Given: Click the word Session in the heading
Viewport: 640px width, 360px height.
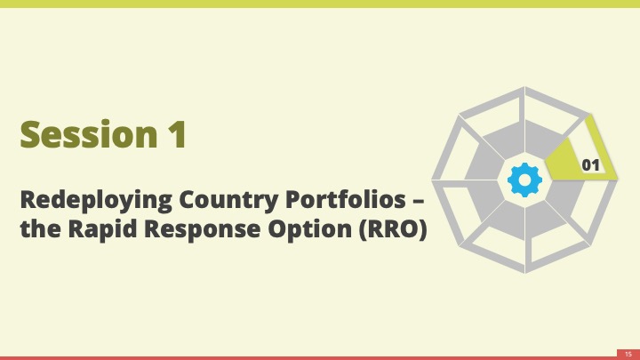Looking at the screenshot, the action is pyautogui.click(x=89, y=134).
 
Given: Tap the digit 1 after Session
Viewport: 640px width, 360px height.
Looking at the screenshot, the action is pyautogui.click(x=178, y=134).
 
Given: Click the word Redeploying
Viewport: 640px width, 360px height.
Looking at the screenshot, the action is pyautogui.click(x=96, y=201).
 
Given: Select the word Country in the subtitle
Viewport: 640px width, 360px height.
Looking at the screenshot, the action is pyautogui.click(x=228, y=201).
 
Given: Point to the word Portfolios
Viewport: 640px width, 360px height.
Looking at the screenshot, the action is pyautogui.click(x=346, y=199).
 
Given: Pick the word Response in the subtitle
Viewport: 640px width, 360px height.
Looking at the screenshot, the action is pyautogui.click(x=203, y=230).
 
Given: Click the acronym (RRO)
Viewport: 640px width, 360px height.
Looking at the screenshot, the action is pyautogui.click(x=394, y=228).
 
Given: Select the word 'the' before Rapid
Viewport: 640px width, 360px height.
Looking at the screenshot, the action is pyautogui.click(x=41, y=228).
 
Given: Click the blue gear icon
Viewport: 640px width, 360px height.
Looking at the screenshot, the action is pyautogui.click(x=525, y=180).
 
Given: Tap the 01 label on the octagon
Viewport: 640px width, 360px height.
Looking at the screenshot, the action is pyautogui.click(x=590, y=165).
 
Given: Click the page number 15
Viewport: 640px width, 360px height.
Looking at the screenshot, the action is pyautogui.click(x=628, y=355).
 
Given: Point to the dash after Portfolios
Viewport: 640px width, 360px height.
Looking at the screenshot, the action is pyautogui.click(x=419, y=201).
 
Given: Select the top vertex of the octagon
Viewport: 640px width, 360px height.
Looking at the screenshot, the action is pyautogui.click(x=525, y=86).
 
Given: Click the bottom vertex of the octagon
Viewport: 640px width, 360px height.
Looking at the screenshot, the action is pyautogui.click(x=525, y=273).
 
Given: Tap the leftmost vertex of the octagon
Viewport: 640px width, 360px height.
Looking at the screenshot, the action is pyautogui.click(x=432, y=180).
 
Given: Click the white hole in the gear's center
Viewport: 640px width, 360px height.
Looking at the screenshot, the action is pyautogui.click(x=525, y=180).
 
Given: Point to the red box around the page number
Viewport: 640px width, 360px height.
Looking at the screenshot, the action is pyautogui.click(x=628, y=355).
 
